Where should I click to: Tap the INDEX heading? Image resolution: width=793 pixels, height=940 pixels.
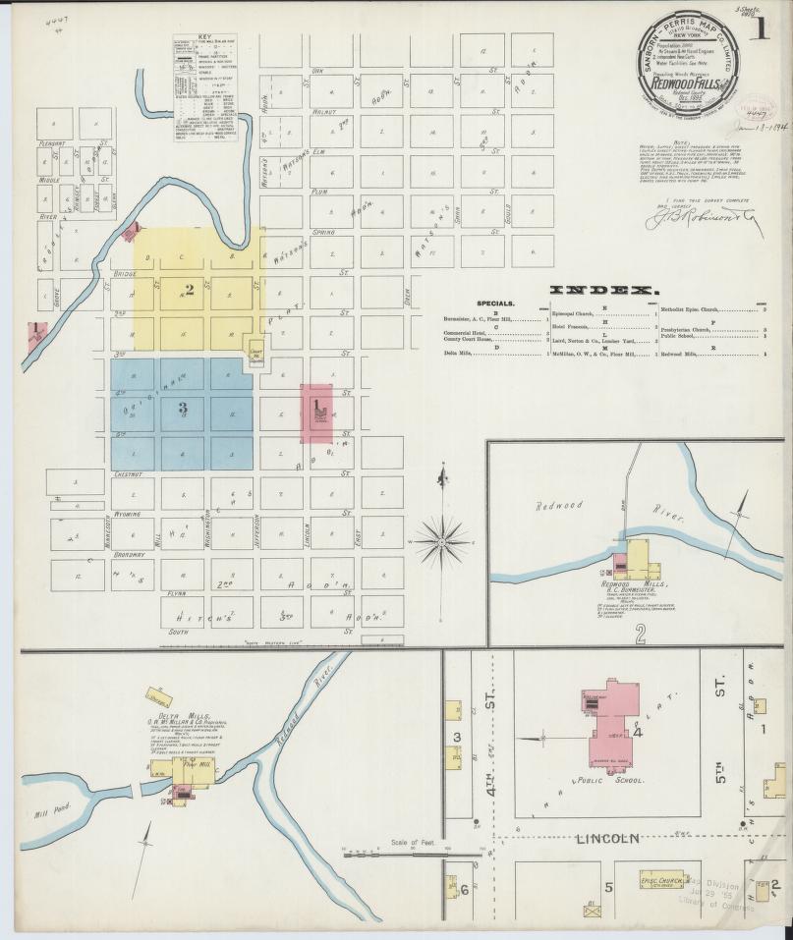click(x=602, y=291)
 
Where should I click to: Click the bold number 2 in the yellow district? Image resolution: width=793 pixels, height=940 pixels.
click(x=190, y=290)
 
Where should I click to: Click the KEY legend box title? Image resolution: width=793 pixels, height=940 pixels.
click(x=204, y=37)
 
